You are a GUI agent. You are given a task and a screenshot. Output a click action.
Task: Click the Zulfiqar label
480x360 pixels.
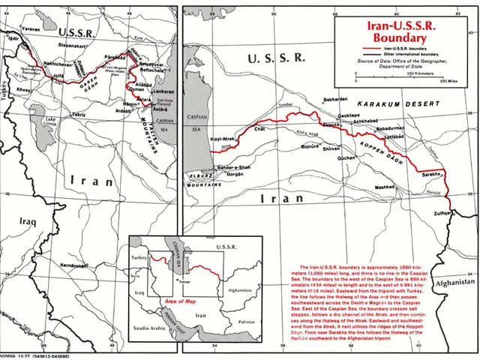440,214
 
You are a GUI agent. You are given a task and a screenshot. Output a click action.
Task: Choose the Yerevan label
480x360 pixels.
30,28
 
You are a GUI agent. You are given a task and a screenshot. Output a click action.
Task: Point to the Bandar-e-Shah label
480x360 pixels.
224,166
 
